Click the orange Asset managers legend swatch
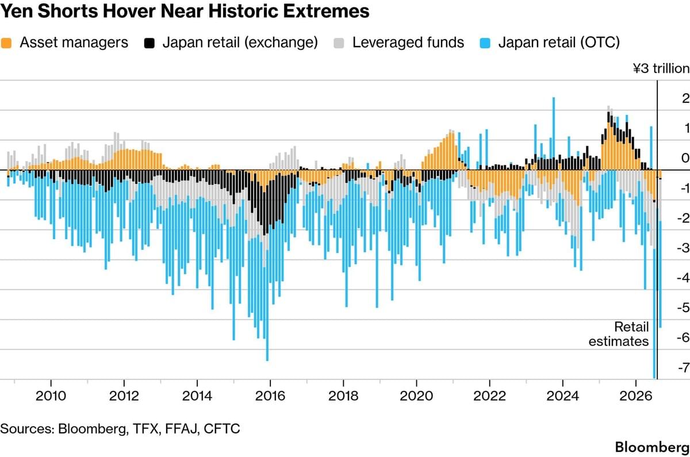click(6, 43)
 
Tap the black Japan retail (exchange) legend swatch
click(149, 43)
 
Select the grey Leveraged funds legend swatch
click(339, 43)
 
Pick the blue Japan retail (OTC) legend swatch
click(485, 43)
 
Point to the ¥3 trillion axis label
click(661, 68)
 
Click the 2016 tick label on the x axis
click(270, 396)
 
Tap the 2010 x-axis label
click(51, 396)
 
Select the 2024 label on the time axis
click(562, 396)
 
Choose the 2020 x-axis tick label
click(416, 396)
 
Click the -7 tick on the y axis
click(684, 368)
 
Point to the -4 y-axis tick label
click(683, 278)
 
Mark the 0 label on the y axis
click(685, 158)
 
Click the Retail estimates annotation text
click(619, 334)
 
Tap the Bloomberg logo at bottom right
click(653, 447)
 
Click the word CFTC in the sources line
click(222, 429)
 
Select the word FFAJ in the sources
click(182, 429)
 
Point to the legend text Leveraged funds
click(408, 43)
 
